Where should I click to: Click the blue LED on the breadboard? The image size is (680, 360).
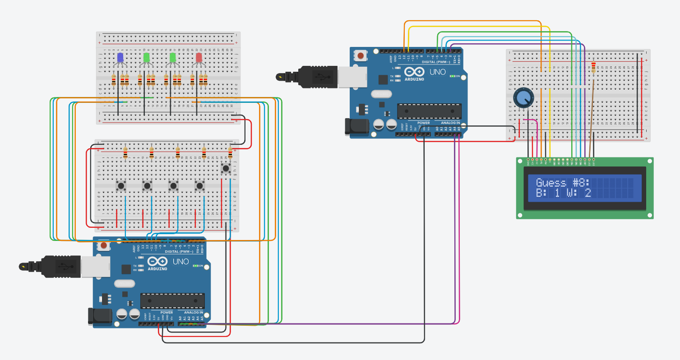pos(120,58)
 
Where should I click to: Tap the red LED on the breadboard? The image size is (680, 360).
pos(199,58)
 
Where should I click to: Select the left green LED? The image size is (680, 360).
pos(146,58)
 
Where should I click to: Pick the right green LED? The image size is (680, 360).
pos(172,58)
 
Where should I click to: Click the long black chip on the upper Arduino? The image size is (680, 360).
pos(429,111)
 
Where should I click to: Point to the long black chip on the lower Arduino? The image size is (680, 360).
pos(172,301)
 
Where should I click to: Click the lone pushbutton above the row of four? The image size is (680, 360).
pos(226,168)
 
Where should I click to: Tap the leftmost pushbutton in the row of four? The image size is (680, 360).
pos(121,185)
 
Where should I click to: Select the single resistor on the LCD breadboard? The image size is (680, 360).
pos(593,68)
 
